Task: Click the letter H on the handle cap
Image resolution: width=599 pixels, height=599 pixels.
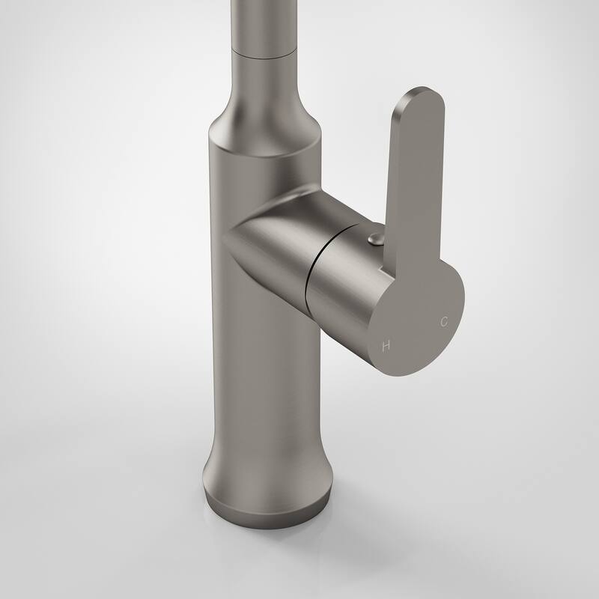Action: tap(386, 346)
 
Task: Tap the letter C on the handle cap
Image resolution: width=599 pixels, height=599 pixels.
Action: tap(444, 322)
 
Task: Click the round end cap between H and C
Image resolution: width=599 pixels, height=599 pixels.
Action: tap(416, 329)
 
